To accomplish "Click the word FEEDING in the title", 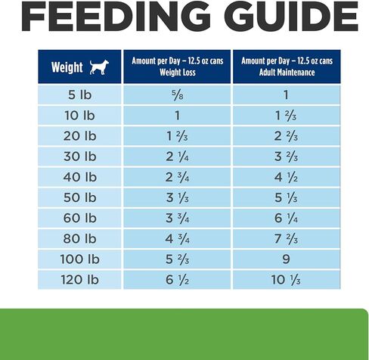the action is pos(116,16).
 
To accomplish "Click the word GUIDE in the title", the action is pos(291,16).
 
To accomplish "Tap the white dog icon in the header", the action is pos(99,67).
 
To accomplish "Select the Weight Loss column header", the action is pos(177,67).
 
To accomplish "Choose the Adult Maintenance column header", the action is pos(287,67).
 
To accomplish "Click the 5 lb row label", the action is pos(79,95).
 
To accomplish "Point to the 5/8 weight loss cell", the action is pos(177,95).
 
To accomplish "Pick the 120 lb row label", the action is pos(79,280).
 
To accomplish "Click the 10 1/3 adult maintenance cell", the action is pos(287,280).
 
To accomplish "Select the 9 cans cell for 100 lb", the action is pos(287,259).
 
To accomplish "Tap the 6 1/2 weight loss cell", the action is pos(177,280).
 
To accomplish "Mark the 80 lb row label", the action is pos(79,238).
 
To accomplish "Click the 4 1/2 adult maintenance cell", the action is pos(287,177).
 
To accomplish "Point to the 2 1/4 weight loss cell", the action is pos(177,157).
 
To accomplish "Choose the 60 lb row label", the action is pos(79,218).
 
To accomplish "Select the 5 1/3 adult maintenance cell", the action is pos(287,197).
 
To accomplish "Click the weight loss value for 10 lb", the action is pos(177,116).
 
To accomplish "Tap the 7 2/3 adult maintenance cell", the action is pos(287,238).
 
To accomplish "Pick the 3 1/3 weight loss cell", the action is pos(177,197).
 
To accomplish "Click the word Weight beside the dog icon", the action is pos(67,67).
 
